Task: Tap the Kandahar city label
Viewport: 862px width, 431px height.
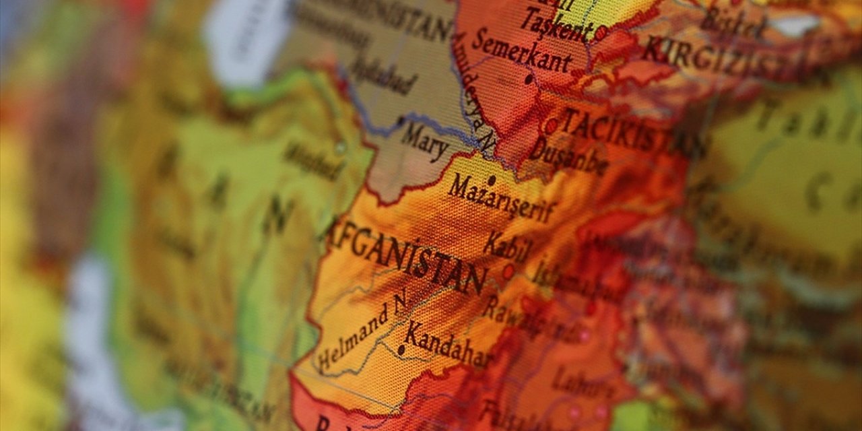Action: pos(448,345)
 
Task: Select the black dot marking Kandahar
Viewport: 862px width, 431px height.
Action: pos(401,350)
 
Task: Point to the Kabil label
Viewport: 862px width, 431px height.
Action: pos(507,247)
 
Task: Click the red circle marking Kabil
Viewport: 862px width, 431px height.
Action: pos(508,271)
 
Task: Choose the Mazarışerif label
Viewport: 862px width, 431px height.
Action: pos(502,199)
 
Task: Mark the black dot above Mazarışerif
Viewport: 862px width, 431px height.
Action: pos(492,180)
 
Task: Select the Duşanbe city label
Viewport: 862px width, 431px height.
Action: pos(569,156)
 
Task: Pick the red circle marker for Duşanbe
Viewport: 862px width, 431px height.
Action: pos(551,125)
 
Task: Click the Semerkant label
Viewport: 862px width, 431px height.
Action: pos(522,51)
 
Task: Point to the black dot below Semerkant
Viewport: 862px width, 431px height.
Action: pos(529,79)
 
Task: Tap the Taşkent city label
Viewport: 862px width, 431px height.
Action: pos(556,23)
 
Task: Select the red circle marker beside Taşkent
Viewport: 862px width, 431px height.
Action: pos(601,32)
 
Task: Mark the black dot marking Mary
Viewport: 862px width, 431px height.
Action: pos(401,121)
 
